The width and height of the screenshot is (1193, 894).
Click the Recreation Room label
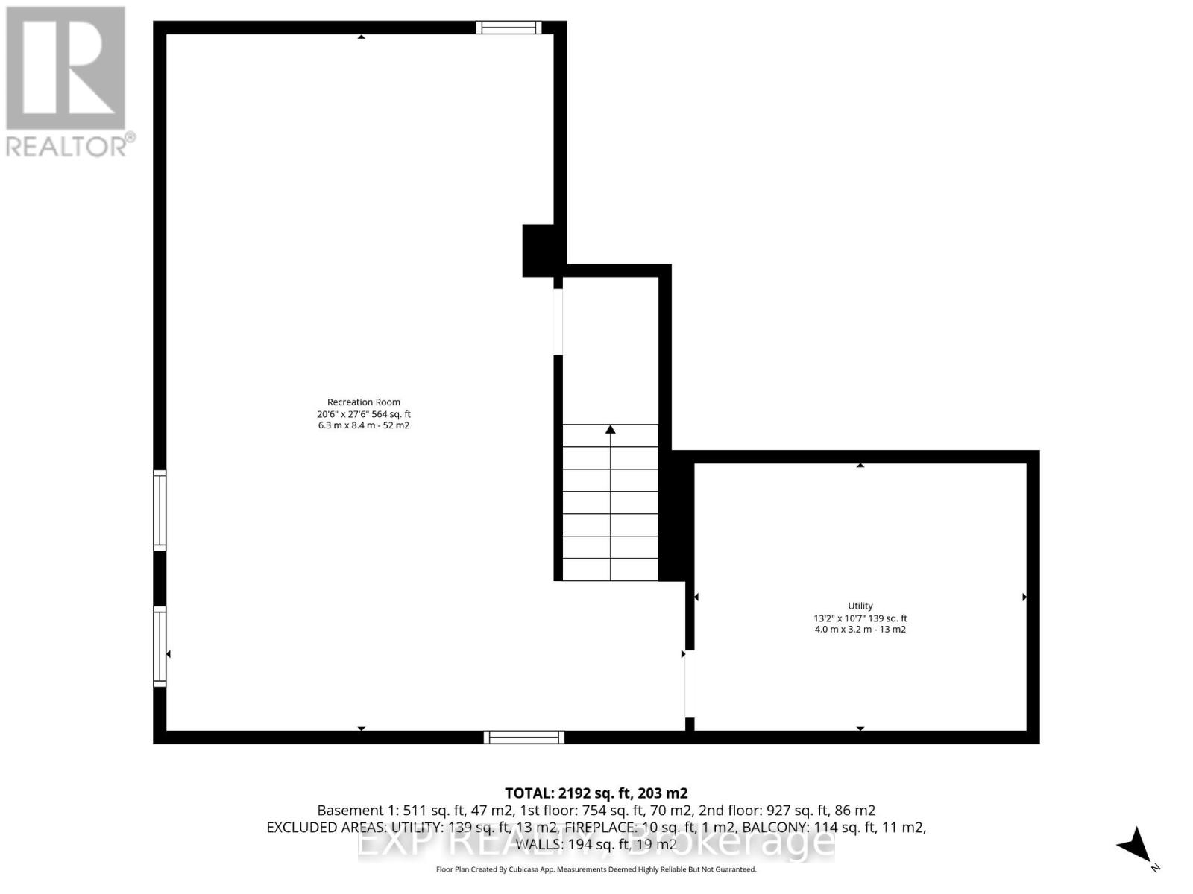coord(364,402)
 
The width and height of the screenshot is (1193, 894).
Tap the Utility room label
coord(860,606)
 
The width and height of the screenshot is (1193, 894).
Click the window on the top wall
coord(509,28)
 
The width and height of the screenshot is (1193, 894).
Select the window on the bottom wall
coord(523,738)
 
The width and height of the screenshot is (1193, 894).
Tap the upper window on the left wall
coord(160,510)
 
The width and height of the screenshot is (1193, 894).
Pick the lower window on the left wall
coord(160,646)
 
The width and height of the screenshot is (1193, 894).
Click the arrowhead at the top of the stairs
coord(611,429)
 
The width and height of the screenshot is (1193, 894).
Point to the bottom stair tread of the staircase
coord(611,570)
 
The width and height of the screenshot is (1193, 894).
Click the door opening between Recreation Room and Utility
coord(690,684)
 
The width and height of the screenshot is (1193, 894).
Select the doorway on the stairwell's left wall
coord(558,322)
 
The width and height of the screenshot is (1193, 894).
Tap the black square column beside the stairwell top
coord(538,251)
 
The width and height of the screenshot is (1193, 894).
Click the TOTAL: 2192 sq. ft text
coord(596,793)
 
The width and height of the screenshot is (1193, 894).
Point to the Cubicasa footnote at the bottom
coord(596,869)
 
